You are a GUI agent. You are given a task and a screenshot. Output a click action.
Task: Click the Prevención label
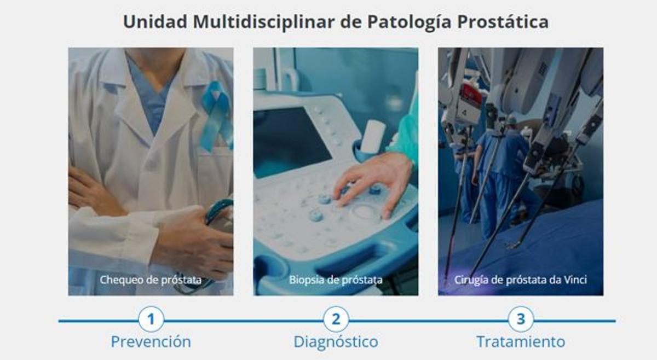click(x=151, y=342)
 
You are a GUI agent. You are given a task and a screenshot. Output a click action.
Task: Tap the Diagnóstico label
click(x=336, y=342)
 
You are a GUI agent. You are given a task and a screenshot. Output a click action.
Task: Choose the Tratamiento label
click(x=521, y=342)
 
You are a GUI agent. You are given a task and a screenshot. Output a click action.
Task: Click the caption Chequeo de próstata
click(x=151, y=280)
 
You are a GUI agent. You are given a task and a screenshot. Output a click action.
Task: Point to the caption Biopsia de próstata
click(x=336, y=280)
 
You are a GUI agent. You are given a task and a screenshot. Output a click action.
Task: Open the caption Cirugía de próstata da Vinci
click(x=521, y=280)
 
